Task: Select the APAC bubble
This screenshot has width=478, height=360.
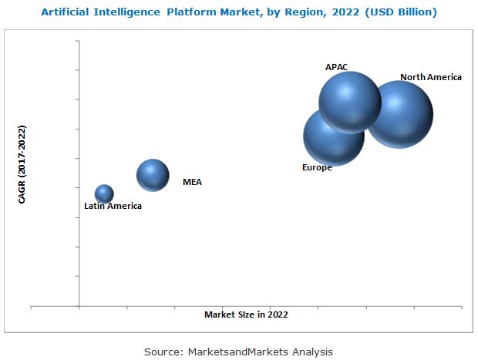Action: [350, 102]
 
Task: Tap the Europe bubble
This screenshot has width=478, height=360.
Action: [332, 136]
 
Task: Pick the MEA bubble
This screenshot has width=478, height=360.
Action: [153, 175]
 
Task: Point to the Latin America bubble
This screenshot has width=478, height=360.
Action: [104, 193]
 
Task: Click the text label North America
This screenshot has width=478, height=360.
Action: [431, 77]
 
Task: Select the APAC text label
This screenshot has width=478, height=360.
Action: [337, 67]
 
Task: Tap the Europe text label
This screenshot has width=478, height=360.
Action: [317, 167]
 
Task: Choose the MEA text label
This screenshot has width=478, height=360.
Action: [192, 183]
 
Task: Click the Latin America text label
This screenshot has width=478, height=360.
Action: [113, 206]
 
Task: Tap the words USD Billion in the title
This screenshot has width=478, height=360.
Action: [397, 12]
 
